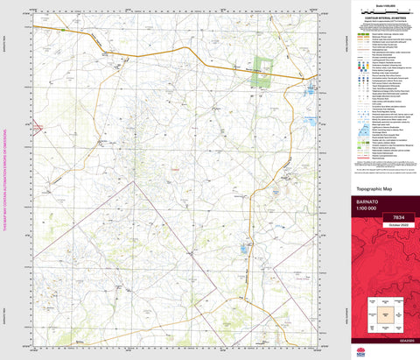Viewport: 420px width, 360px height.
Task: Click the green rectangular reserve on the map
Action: [263, 76]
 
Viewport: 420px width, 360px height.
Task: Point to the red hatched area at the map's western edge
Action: [37, 128]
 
